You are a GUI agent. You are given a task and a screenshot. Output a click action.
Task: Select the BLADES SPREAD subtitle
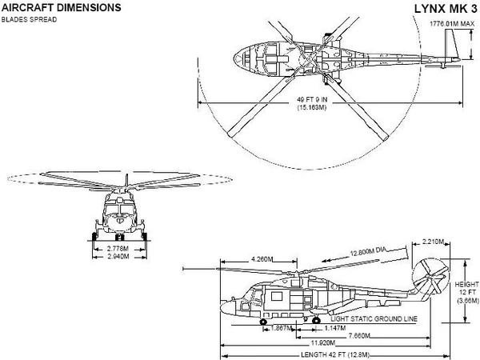click(x=30, y=18)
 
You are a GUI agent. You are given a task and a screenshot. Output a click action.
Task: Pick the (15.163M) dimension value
click(x=310, y=107)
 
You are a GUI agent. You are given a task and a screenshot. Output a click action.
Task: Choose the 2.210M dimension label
click(x=432, y=241)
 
